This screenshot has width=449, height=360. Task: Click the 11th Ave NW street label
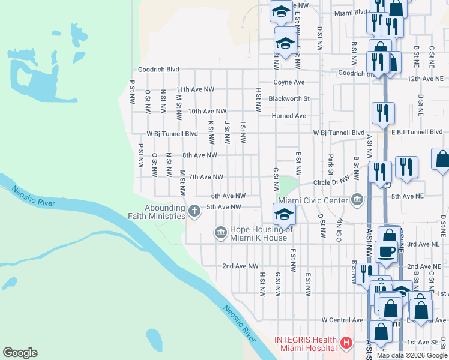pos(191,89)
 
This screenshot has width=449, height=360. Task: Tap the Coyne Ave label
pos(289,82)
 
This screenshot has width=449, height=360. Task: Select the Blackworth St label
pos(289,99)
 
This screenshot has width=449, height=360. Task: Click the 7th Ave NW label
pos(206,177)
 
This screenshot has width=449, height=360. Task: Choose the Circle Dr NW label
pos(331,181)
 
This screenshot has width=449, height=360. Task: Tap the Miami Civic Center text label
pos(313,200)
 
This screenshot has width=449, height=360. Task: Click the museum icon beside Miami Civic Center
pos(358,199)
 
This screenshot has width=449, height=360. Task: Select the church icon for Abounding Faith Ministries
pos(194,211)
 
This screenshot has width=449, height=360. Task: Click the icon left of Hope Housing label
pos(220,232)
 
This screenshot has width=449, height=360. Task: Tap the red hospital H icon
pos(346,343)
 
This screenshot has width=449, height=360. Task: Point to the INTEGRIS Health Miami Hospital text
pos(305,343)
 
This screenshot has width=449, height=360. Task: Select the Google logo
pos(20,353)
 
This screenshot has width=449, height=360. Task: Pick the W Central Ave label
pos(342,320)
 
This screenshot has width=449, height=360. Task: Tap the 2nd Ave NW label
pos(240,266)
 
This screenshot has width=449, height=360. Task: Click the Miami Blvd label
pos(351,12)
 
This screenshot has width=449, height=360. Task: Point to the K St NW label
pos(211,132)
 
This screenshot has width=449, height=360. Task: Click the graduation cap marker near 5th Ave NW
pos(284,214)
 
